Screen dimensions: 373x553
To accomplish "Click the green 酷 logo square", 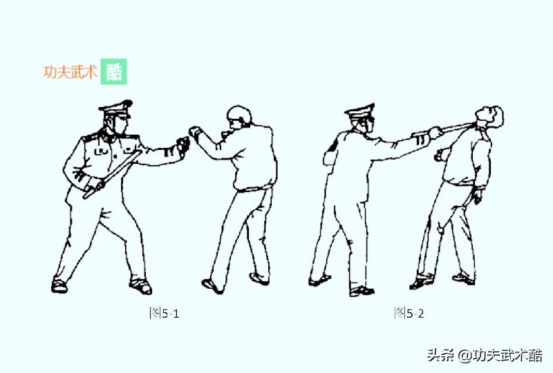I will click(113, 72).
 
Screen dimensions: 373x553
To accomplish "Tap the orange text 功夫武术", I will click(71, 72).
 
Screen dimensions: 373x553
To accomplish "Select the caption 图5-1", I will click(165, 314).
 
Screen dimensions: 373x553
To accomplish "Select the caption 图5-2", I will click(409, 313).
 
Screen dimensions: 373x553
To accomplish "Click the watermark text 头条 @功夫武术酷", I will click(484, 356).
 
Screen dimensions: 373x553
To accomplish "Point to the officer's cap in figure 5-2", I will click(360, 112).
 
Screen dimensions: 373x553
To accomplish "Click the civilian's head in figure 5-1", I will click(239, 118).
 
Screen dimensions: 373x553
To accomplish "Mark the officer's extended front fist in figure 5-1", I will click(182, 144).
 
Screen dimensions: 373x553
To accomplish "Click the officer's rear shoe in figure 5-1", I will click(59, 284).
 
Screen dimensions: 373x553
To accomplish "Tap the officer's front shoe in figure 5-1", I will click(140, 285).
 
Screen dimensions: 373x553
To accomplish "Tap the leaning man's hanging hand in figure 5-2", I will click(477, 196).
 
